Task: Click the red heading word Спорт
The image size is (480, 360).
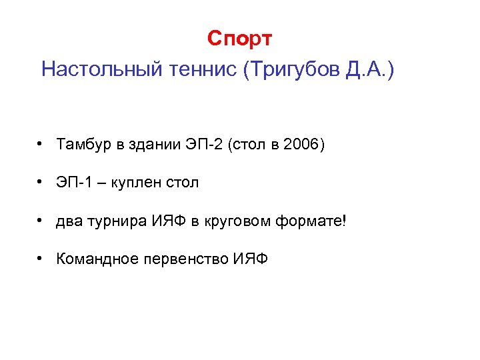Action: [x=239, y=39]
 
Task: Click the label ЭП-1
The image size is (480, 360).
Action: [x=74, y=183]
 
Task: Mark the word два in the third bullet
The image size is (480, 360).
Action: [x=70, y=221]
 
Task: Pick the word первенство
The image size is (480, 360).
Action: [x=186, y=259]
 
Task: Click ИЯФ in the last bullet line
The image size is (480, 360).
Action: [x=251, y=259]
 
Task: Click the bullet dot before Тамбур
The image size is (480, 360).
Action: [x=41, y=144]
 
